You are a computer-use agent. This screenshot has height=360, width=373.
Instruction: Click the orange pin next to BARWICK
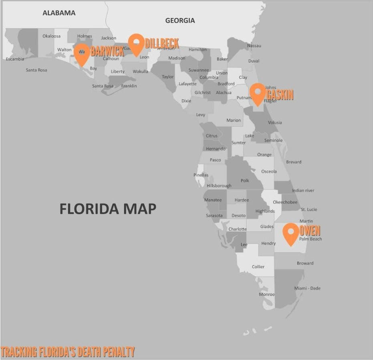click(x=82, y=54)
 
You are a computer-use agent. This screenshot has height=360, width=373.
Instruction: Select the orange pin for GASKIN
click(x=258, y=93)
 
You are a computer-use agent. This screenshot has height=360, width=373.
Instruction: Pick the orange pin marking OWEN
click(x=291, y=233)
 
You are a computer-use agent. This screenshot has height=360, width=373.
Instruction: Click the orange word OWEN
click(x=310, y=231)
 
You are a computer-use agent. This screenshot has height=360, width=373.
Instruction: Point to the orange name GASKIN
click(x=280, y=95)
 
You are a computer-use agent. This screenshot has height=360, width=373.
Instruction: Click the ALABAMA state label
click(x=59, y=13)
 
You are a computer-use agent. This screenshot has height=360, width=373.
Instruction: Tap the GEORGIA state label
click(x=180, y=20)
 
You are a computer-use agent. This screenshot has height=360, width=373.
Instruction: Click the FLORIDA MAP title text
click(x=108, y=209)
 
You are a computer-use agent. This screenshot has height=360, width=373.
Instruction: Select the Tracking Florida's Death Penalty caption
click(x=68, y=352)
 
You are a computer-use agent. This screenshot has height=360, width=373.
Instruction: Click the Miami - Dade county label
click(x=307, y=288)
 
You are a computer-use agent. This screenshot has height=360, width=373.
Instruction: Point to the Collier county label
click(x=258, y=267)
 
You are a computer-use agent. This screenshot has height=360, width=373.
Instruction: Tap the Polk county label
click(x=245, y=181)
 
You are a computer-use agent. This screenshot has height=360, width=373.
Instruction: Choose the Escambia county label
click(x=15, y=59)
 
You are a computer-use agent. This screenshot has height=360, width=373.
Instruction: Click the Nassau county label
click(x=254, y=46)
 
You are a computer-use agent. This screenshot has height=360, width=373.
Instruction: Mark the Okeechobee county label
click(x=285, y=202)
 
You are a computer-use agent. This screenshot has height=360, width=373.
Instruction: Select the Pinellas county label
click(x=201, y=175)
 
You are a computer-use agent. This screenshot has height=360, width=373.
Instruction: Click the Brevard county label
click(x=294, y=162)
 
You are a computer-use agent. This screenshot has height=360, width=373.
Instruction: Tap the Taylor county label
click(x=168, y=77)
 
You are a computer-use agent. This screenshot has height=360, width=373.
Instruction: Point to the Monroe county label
click(x=267, y=295)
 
